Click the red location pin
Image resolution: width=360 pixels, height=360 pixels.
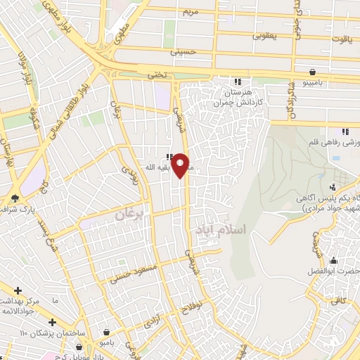(181, 164)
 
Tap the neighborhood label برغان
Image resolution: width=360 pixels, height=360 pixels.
(132, 214)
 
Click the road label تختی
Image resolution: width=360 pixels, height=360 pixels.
(156, 75)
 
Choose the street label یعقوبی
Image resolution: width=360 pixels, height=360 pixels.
(265, 34)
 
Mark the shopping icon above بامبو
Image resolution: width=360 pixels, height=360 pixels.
(106, 332)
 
